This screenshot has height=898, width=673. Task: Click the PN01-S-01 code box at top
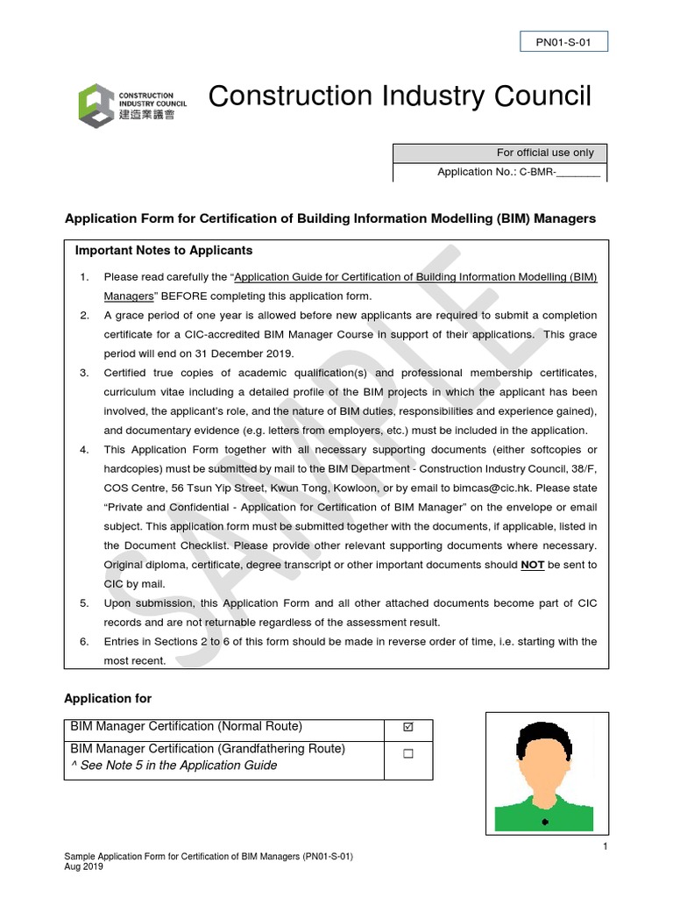563,41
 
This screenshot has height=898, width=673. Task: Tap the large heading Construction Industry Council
400,96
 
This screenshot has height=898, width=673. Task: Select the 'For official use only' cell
499,153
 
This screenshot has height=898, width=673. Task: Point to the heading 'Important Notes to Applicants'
164,251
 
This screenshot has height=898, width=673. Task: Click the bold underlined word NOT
533,566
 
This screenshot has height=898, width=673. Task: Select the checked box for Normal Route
408,728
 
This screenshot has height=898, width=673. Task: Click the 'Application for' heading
108,698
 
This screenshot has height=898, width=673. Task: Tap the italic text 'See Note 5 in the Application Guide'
178,766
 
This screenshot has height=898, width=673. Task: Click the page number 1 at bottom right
605,846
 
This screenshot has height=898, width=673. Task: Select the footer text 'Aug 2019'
84,866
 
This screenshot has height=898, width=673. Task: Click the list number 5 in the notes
84,604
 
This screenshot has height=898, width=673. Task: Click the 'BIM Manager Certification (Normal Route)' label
186,727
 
